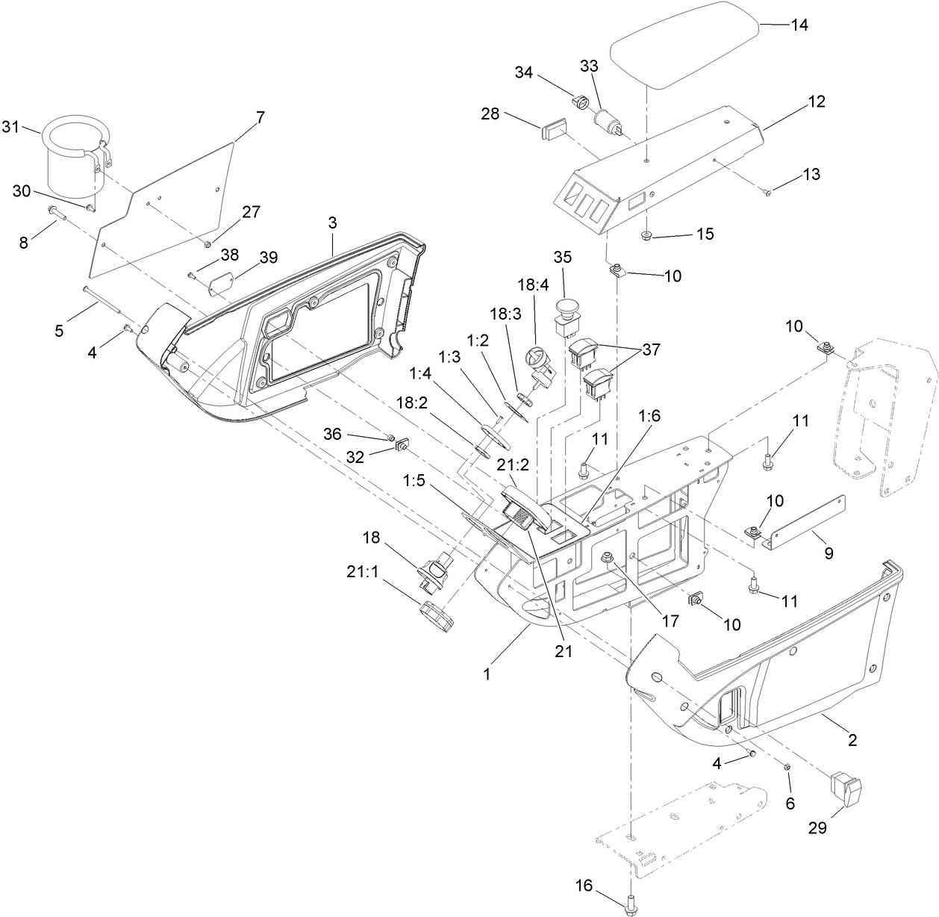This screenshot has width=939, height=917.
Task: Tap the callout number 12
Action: (817, 102)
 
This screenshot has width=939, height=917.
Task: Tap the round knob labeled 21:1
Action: (437, 617)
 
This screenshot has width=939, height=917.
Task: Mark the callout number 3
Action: (332, 223)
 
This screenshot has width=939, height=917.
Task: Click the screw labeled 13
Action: (767, 193)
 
